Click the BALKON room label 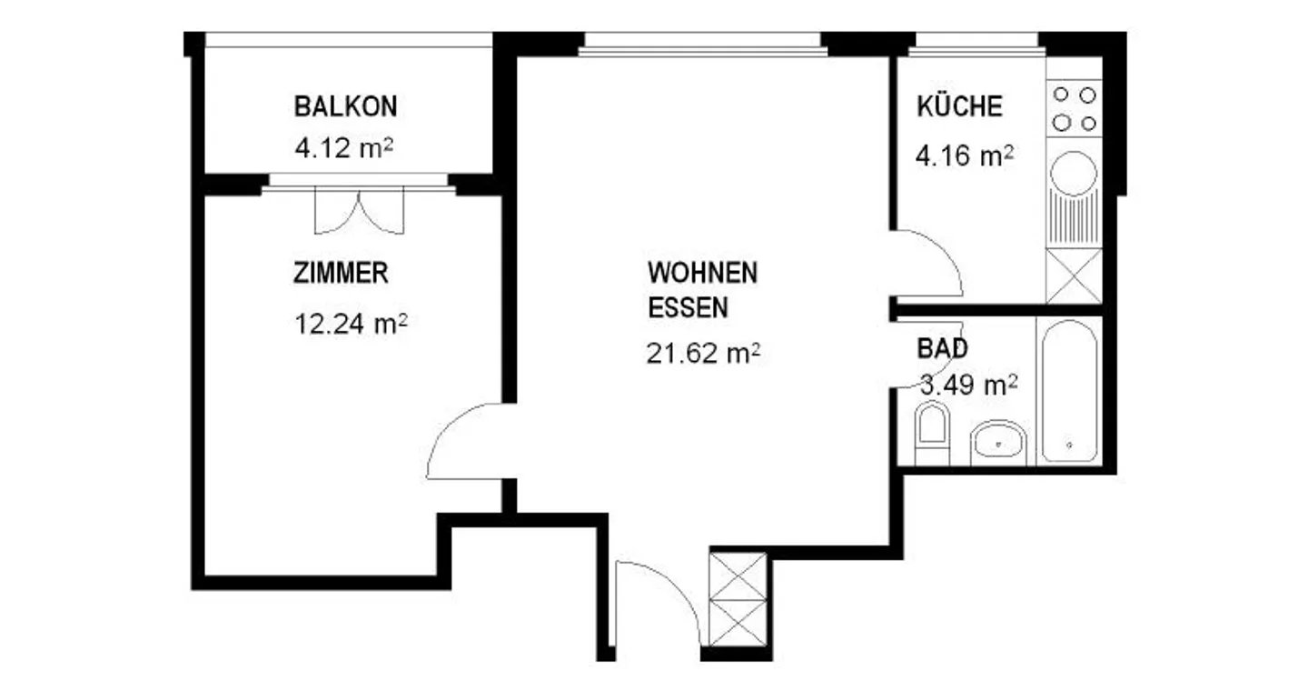pos(345,106)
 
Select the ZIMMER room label pos(341,273)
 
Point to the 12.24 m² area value pos(350,324)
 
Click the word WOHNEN pos(702,272)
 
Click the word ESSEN pos(688,308)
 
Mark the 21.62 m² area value pos(703,353)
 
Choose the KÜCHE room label pos(959,106)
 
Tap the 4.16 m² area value pos(965,156)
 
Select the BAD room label pos(942,347)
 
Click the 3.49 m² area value pos(968,386)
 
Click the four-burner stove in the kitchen pos(1074,108)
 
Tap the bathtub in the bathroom pos(1069,391)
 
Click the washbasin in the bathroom pos(996,442)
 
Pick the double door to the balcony pos(359,211)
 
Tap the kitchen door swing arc pos(926,264)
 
